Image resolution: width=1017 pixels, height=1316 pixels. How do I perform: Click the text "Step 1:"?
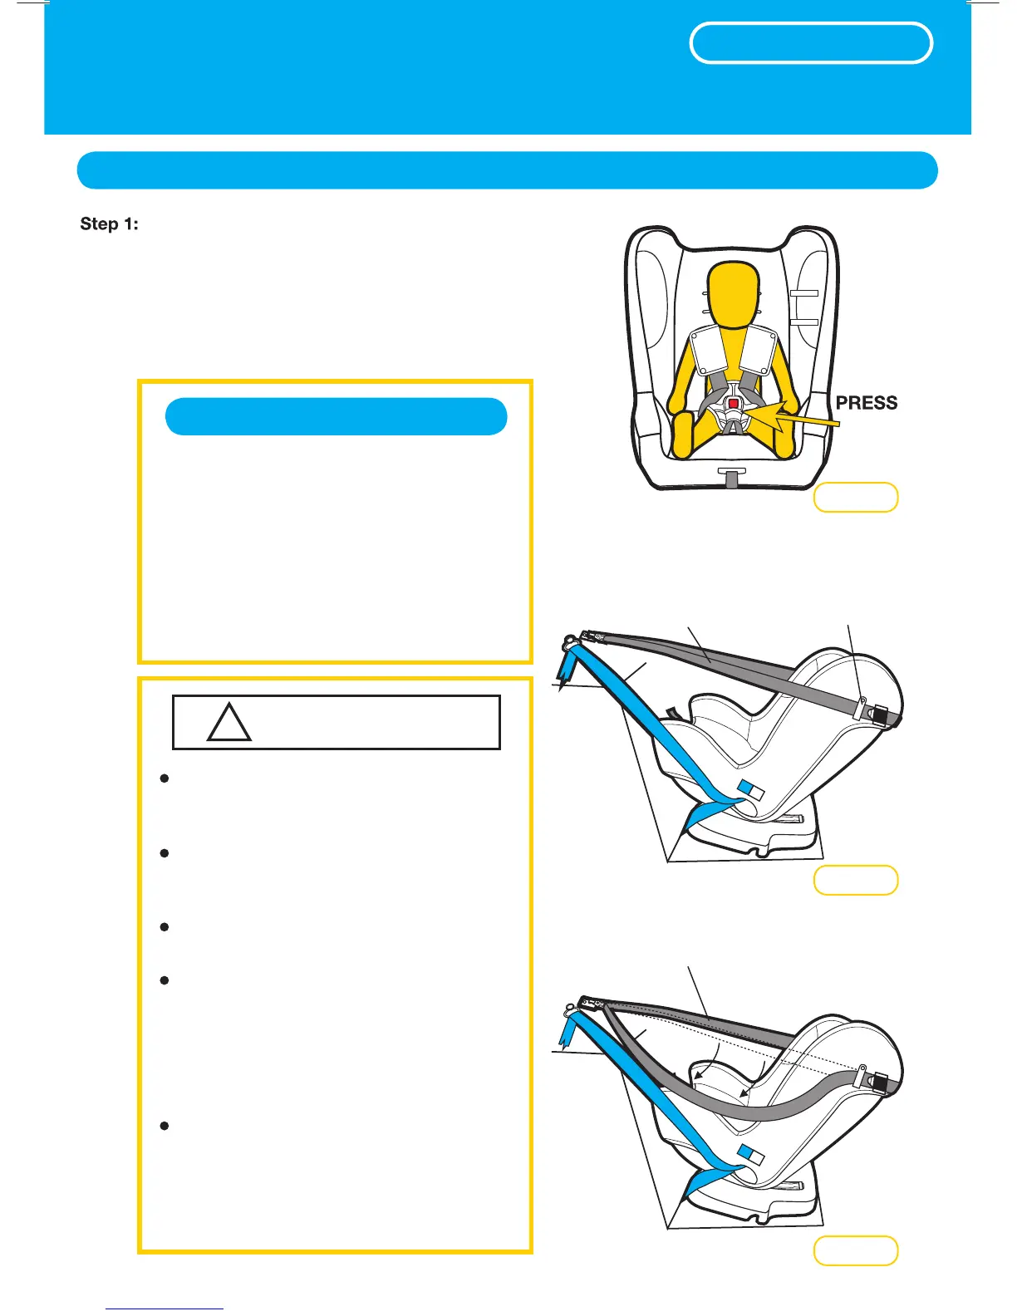click(109, 224)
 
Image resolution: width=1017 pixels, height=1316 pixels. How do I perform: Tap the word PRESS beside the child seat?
click(866, 403)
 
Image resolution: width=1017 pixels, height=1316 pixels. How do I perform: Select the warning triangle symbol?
click(228, 723)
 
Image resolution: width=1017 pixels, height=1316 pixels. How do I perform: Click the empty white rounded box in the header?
click(810, 43)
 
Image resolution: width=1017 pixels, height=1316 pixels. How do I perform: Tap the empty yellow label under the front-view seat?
click(855, 497)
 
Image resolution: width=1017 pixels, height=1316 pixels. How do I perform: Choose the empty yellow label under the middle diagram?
click(855, 880)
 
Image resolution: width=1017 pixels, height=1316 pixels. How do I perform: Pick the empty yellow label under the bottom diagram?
click(855, 1250)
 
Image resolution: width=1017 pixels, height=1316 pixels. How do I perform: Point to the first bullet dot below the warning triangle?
click(165, 778)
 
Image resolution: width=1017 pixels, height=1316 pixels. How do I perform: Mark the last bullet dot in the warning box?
click(165, 1126)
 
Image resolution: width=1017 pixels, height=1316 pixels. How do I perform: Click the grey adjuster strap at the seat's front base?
click(731, 479)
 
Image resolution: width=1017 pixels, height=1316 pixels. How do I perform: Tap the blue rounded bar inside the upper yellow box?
click(336, 416)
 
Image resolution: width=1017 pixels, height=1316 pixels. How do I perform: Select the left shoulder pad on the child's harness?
click(710, 350)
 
